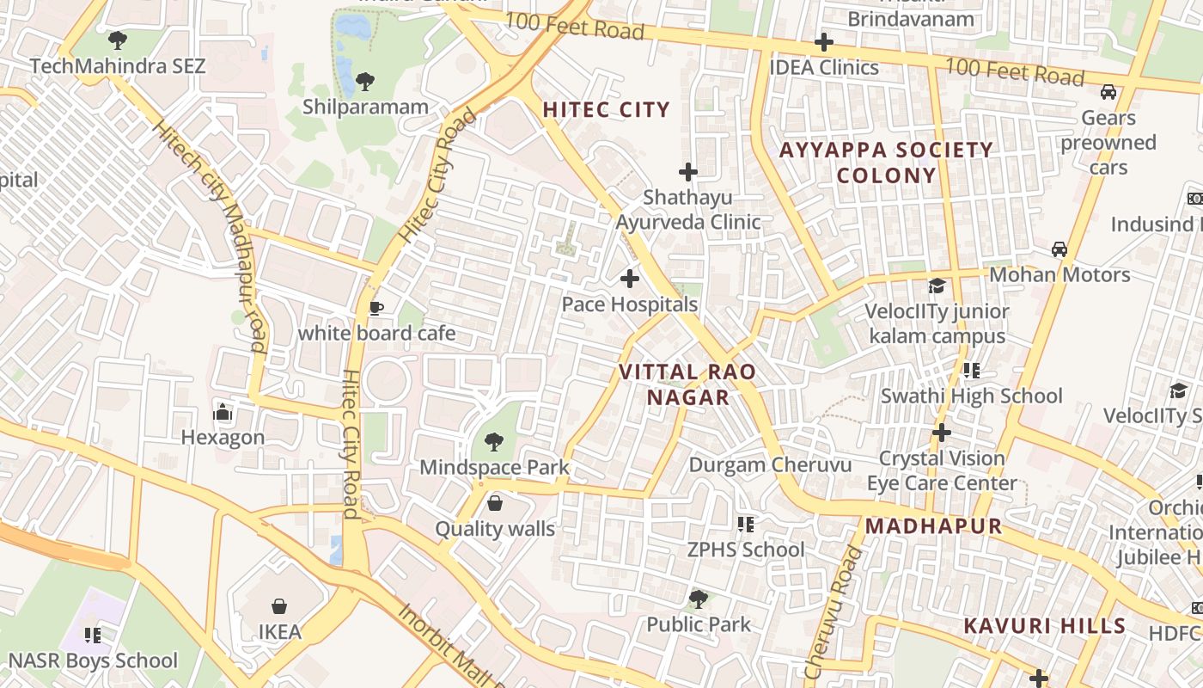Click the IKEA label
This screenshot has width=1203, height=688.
coord(280,632)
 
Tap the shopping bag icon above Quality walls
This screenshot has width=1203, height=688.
coord(494,503)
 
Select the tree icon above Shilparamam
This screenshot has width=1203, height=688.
coord(364,82)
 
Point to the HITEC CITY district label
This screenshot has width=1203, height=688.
coord(606,109)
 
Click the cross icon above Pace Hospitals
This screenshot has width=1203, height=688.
coord(630,279)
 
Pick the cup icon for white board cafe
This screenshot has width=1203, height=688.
coord(376,308)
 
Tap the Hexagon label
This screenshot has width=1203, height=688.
coord(223,437)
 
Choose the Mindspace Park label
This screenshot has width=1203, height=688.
coord(494,468)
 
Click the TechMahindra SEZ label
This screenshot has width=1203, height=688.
coord(118,66)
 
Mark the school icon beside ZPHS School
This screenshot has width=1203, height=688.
coord(745,524)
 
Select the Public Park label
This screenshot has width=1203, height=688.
coord(699,624)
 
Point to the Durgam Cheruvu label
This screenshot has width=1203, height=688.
coord(770,465)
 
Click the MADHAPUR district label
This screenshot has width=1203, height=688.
coord(933,526)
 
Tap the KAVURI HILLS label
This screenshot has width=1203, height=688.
coord(1044,625)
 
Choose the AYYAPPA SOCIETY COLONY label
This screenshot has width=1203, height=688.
coord(886,163)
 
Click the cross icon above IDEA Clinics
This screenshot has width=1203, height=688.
coord(824,42)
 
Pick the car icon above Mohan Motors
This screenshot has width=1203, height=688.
coord(1059,249)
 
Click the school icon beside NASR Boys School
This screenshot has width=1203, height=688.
coord(93,636)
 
